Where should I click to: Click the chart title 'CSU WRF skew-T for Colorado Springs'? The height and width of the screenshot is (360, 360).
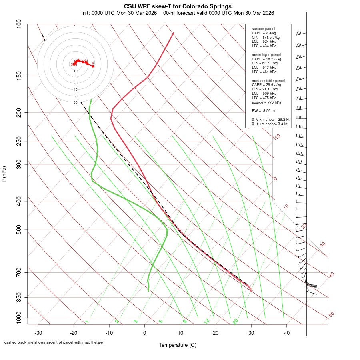[x=178, y=6]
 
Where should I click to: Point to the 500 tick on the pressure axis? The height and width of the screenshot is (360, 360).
[x=19, y=230]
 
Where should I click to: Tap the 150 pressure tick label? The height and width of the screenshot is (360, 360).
[x=19, y=76]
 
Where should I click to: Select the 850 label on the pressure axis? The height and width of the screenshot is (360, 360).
[x=19, y=297]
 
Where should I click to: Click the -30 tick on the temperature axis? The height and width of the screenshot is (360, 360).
[x=38, y=333]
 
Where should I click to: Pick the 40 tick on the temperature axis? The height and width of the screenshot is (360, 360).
[x=287, y=333]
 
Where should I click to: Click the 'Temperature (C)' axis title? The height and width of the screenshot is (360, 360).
[x=178, y=345]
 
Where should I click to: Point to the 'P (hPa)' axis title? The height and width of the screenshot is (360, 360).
[x=4, y=174]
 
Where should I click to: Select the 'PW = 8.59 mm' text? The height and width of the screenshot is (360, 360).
[x=264, y=110]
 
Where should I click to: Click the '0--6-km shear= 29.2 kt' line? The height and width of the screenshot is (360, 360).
[x=270, y=119]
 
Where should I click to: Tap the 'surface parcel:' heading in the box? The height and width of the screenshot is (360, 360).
[x=264, y=29]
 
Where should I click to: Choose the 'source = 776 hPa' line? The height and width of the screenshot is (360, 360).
[x=266, y=102]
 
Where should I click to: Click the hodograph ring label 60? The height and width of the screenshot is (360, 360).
[x=75, y=102]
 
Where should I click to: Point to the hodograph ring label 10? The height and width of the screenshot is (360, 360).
[x=75, y=71]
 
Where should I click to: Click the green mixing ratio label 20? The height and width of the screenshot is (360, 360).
[x=235, y=321]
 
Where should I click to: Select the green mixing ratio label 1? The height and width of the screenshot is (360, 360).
[x=87, y=321]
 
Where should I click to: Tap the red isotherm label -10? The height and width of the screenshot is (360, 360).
[x=277, y=137]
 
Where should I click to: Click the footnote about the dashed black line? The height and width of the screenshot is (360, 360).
[x=54, y=342]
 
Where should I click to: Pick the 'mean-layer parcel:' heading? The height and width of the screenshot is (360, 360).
[x=267, y=54]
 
